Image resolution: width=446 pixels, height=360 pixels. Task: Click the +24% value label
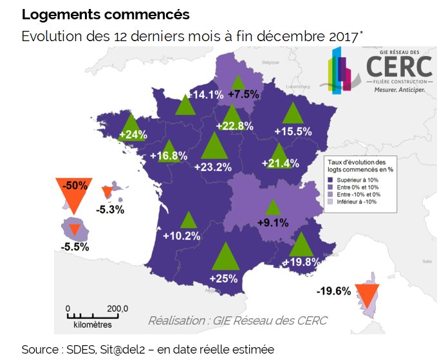pyautogui.click(x=133, y=135)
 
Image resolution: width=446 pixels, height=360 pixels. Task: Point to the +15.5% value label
pyautogui.click(x=293, y=131)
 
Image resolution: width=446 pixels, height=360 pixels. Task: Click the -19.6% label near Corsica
pyautogui.click(x=333, y=291)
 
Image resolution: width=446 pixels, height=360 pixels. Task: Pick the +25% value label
pyautogui.click(x=224, y=278)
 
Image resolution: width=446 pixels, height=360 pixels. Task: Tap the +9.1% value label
pyautogui.click(x=273, y=224)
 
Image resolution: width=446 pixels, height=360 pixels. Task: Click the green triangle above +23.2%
pyautogui.click(x=214, y=147)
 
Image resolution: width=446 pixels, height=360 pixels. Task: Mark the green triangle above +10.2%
pyautogui.click(x=188, y=221)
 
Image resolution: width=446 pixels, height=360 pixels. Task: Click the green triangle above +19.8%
pyautogui.click(x=301, y=246)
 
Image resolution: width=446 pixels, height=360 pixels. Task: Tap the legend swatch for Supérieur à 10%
pyautogui.click(x=330, y=180)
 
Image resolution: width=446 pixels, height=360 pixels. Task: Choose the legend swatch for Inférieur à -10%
pyautogui.click(x=330, y=201)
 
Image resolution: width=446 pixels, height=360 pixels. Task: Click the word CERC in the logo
pyautogui.click(x=399, y=66)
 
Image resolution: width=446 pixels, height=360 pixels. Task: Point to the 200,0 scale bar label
pyautogui.click(x=118, y=308)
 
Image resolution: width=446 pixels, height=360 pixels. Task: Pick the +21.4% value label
pyautogui.click(x=281, y=163)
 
